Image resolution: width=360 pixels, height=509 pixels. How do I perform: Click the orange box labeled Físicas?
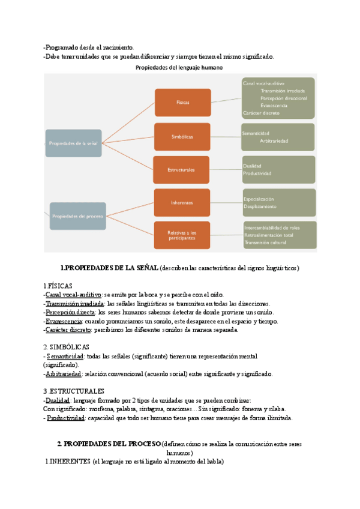click(x=182, y=102)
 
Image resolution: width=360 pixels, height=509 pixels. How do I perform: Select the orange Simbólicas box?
click(x=182, y=137)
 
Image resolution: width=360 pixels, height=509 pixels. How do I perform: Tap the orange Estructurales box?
click(x=182, y=170)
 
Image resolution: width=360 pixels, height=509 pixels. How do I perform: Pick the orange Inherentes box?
click(x=182, y=203)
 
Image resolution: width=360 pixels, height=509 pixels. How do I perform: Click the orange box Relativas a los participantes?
click(x=182, y=235)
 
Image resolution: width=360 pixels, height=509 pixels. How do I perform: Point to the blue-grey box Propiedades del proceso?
click(x=77, y=215)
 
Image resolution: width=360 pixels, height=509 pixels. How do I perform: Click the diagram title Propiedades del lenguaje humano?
click(x=179, y=68)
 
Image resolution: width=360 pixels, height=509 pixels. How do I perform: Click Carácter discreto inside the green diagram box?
click(x=261, y=113)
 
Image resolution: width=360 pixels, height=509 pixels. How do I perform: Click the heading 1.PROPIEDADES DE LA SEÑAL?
click(x=109, y=267)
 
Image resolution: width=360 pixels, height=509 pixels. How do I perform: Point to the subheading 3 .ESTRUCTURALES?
click(x=74, y=391)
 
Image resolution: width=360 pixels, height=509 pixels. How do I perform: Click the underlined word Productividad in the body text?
click(x=66, y=418)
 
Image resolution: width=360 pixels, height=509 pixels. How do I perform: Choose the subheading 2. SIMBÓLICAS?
click(x=67, y=347)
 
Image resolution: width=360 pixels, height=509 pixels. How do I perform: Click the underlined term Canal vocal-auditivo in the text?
click(x=73, y=295)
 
